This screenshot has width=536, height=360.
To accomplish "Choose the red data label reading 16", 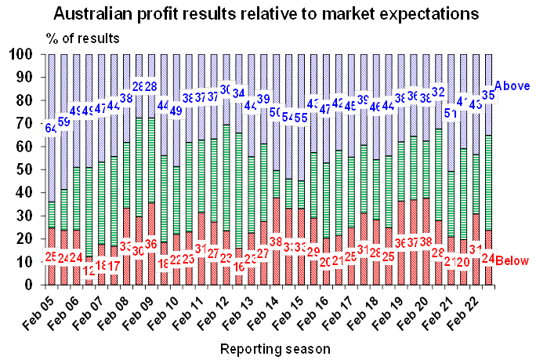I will click(x=239, y=264).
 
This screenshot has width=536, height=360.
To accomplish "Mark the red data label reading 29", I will click(x=313, y=251).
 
